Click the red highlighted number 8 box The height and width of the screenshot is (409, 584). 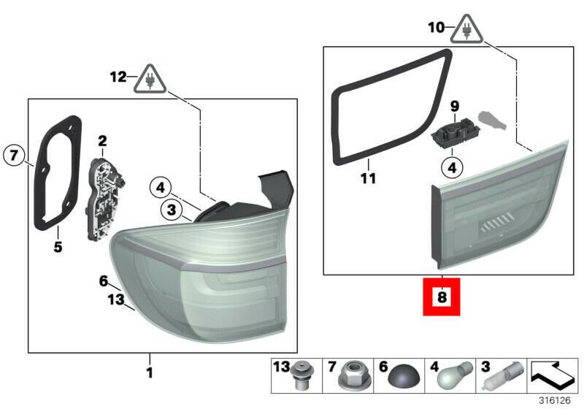pyautogui.click(x=442, y=297)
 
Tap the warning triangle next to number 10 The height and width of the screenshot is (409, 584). pyautogui.click(x=466, y=29)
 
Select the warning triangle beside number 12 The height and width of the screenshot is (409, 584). pyautogui.click(x=150, y=80)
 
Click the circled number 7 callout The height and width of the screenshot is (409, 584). pyautogui.click(x=14, y=155)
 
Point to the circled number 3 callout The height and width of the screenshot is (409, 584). pyautogui.click(x=172, y=210)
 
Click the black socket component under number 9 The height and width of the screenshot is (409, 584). pyautogui.click(x=456, y=133)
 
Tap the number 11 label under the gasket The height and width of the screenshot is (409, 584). pyautogui.click(x=369, y=178)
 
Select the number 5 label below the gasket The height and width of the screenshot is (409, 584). pyautogui.click(x=58, y=247)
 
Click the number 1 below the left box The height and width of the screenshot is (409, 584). pyautogui.click(x=150, y=372)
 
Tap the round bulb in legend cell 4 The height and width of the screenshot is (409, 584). pyautogui.click(x=458, y=375)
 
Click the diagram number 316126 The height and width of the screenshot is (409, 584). pyautogui.click(x=555, y=400)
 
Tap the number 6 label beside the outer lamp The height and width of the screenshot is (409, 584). pyautogui.click(x=103, y=281)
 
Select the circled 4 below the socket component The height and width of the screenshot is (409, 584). pyautogui.click(x=452, y=168)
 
